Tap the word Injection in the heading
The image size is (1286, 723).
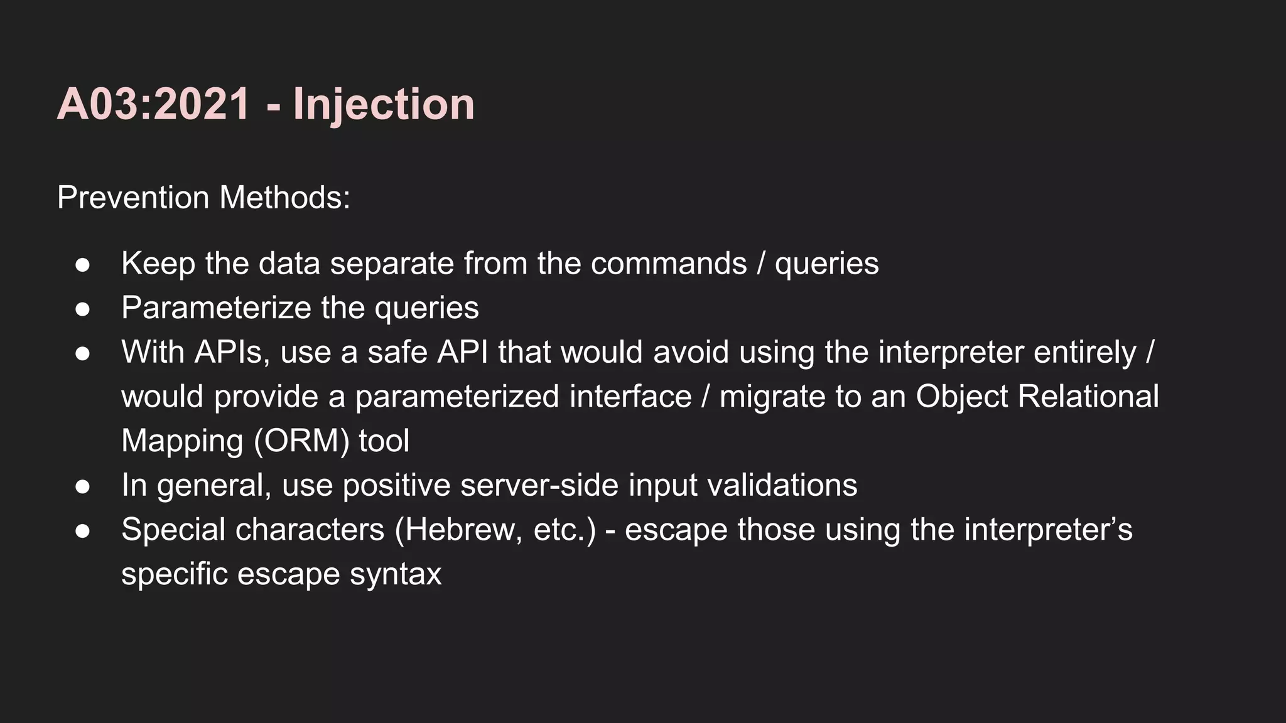(384, 104)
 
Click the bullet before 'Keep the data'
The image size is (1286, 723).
(82, 265)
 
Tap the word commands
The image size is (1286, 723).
(669, 264)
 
